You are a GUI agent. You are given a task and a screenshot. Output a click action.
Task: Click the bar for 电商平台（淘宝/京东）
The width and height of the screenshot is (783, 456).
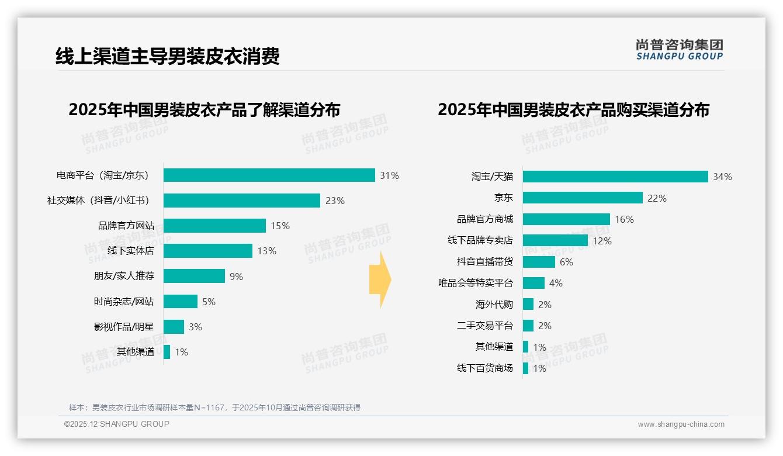click(x=269, y=175)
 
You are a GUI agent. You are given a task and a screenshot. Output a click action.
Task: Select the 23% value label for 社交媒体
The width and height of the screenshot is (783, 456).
click(x=335, y=201)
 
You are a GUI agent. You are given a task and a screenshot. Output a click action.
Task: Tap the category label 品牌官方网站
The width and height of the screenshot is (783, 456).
click(x=126, y=226)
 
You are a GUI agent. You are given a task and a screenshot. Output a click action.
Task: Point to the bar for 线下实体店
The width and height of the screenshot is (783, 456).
click(x=207, y=251)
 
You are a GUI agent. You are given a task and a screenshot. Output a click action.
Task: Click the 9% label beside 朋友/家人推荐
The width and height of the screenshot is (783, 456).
click(x=236, y=277)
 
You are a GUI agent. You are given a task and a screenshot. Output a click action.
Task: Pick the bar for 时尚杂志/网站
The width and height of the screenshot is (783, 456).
click(x=181, y=302)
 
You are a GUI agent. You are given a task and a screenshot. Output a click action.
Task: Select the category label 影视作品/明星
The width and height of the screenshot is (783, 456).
click(x=124, y=327)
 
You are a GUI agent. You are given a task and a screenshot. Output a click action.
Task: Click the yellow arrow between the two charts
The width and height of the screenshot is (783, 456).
click(x=380, y=280)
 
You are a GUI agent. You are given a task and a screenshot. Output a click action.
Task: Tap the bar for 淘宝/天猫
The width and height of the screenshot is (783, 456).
click(x=615, y=177)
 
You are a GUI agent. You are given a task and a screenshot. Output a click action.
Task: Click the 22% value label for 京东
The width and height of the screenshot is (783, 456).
click(x=657, y=198)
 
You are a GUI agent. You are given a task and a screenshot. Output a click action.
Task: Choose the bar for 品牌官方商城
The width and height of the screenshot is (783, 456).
click(x=566, y=219)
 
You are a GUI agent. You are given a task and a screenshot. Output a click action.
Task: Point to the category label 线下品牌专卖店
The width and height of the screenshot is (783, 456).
click(x=480, y=240)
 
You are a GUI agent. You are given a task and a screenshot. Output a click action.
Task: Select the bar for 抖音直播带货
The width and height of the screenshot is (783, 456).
click(x=539, y=262)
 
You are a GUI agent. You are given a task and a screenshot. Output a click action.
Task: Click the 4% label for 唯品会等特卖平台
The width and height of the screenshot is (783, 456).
click(x=556, y=283)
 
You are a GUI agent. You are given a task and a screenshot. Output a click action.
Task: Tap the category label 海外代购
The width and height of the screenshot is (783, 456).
click(x=494, y=305)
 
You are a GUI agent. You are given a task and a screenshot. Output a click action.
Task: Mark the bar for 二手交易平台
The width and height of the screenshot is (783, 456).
click(x=528, y=326)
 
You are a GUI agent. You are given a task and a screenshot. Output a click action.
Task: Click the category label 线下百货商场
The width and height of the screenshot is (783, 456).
click(x=484, y=368)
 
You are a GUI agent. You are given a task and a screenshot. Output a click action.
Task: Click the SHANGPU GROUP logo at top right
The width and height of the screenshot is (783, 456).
click(x=679, y=50)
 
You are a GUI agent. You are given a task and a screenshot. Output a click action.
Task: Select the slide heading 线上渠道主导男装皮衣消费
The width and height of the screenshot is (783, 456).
click(x=168, y=56)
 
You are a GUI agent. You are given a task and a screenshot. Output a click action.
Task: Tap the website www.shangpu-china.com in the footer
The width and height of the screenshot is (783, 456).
click(x=681, y=424)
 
